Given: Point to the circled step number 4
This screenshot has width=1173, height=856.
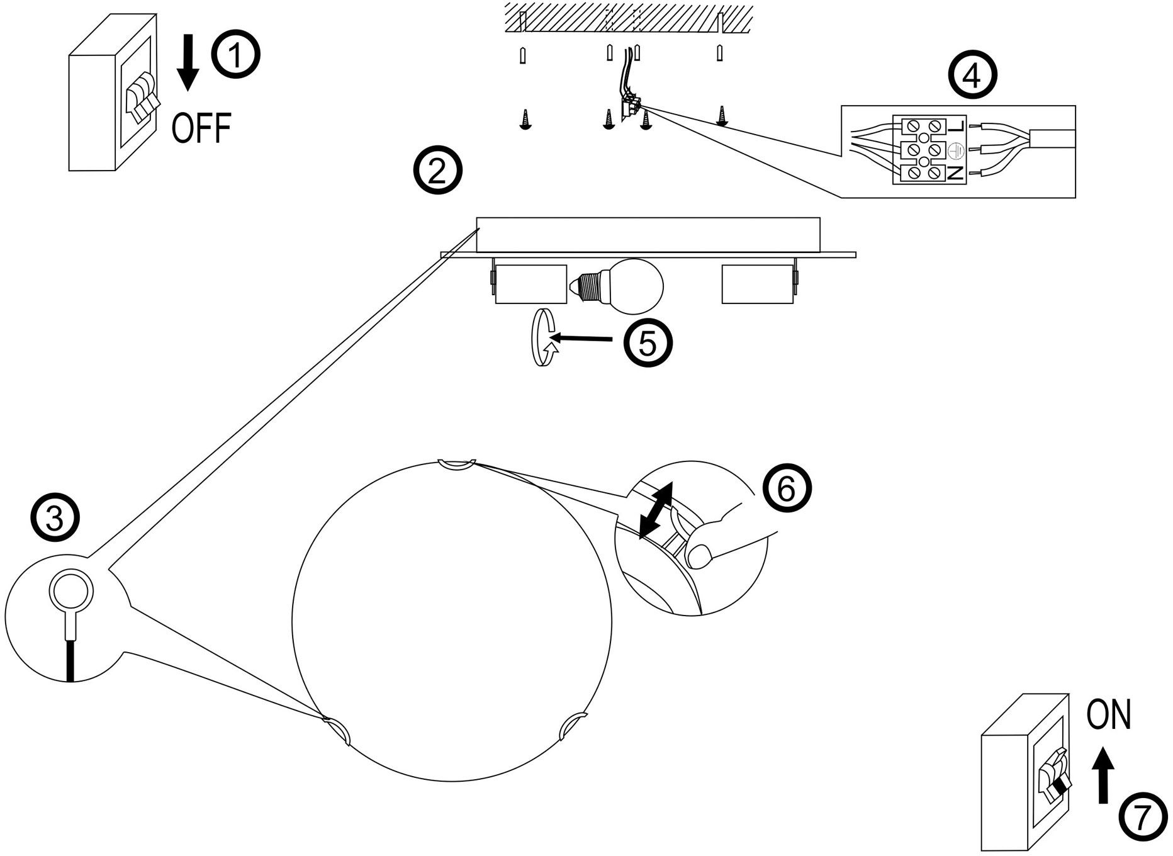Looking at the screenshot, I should [x=972, y=77].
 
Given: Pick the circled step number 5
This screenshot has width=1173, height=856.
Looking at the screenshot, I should [x=648, y=344].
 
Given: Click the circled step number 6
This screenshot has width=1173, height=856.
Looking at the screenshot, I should [x=787, y=489].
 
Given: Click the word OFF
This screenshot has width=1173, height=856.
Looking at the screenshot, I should [x=201, y=128].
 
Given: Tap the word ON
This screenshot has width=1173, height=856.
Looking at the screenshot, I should [x=1108, y=715].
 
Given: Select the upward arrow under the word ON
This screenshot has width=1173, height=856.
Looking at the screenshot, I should [x=1102, y=774].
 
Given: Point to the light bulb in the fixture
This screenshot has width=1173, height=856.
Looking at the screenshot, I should [x=634, y=286].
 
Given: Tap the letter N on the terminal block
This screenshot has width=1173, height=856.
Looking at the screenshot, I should [x=956, y=173].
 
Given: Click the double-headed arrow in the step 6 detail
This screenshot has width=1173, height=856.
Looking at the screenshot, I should [x=656, y=510].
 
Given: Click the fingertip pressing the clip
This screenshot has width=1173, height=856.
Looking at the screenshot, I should [x=699, y=556].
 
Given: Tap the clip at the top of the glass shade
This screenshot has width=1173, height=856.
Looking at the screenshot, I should [x=457, y=465].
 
